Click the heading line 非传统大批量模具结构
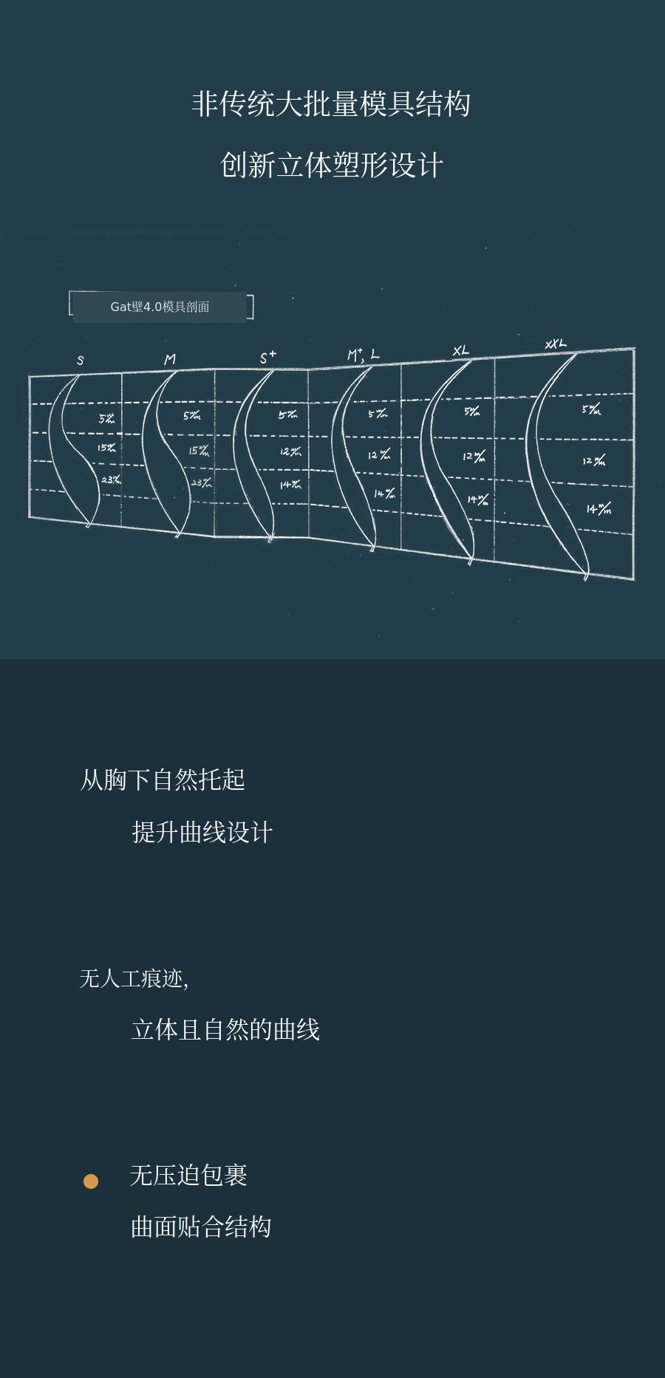click(331, 104)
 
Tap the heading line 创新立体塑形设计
click(332, 165)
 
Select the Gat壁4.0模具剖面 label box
click(160, 307)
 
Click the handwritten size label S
click(81, 361)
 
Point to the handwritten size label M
click(170, 360)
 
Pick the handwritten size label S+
click(267, 358)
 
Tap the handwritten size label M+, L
click(363, 355)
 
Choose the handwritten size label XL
click(460, 350)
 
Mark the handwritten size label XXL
click(556, 344)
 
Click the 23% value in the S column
click(111, 480)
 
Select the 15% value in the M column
click(199, 450)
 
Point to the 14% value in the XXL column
click(598, 509)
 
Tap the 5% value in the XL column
click(472, 412)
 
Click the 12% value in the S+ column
click(290, 451)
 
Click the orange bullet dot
click(91, 1181)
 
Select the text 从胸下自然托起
click(163, 780)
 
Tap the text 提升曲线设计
click(202, 832)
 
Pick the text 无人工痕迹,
click(134, 979)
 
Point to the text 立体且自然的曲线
click(225, 1029)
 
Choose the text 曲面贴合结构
click(201, 1227)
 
